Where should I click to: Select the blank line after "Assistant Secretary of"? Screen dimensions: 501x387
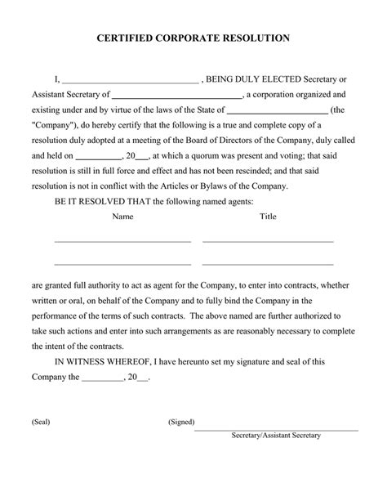(177, 97)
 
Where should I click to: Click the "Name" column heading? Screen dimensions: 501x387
(122, 217)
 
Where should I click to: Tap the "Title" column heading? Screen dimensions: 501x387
(268, 217)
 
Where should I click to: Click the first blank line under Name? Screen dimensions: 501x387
(122, 242)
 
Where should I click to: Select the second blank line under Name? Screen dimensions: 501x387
(122, 264)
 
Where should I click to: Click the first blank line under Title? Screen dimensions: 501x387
(268, 242)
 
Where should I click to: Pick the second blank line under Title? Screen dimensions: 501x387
(268, 264)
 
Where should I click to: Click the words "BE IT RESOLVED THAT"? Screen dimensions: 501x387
(102, 200)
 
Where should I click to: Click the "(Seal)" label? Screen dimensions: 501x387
(41, 423)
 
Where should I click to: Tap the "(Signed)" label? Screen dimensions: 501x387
(180, 423)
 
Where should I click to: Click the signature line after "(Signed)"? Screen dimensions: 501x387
(276, 428)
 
